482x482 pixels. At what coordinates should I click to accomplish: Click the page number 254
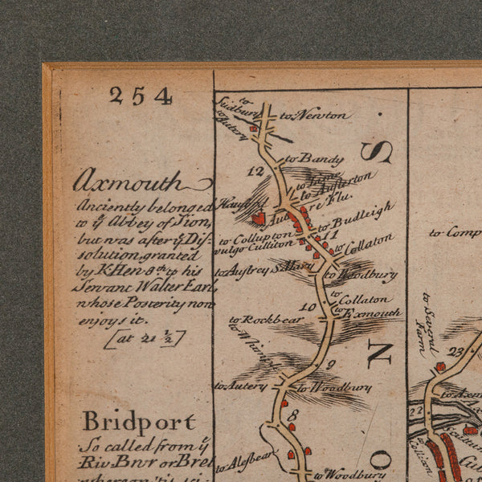[141, 96]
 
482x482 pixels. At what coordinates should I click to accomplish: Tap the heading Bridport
[138, 421]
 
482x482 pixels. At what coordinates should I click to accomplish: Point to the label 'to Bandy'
[303, 158]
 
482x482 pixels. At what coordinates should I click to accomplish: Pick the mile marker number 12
[256, 170]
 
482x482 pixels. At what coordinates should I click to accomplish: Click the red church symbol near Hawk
[259, 217]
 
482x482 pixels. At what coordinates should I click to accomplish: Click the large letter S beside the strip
[375, 151]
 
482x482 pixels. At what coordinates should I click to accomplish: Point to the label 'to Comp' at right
[454, 232]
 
